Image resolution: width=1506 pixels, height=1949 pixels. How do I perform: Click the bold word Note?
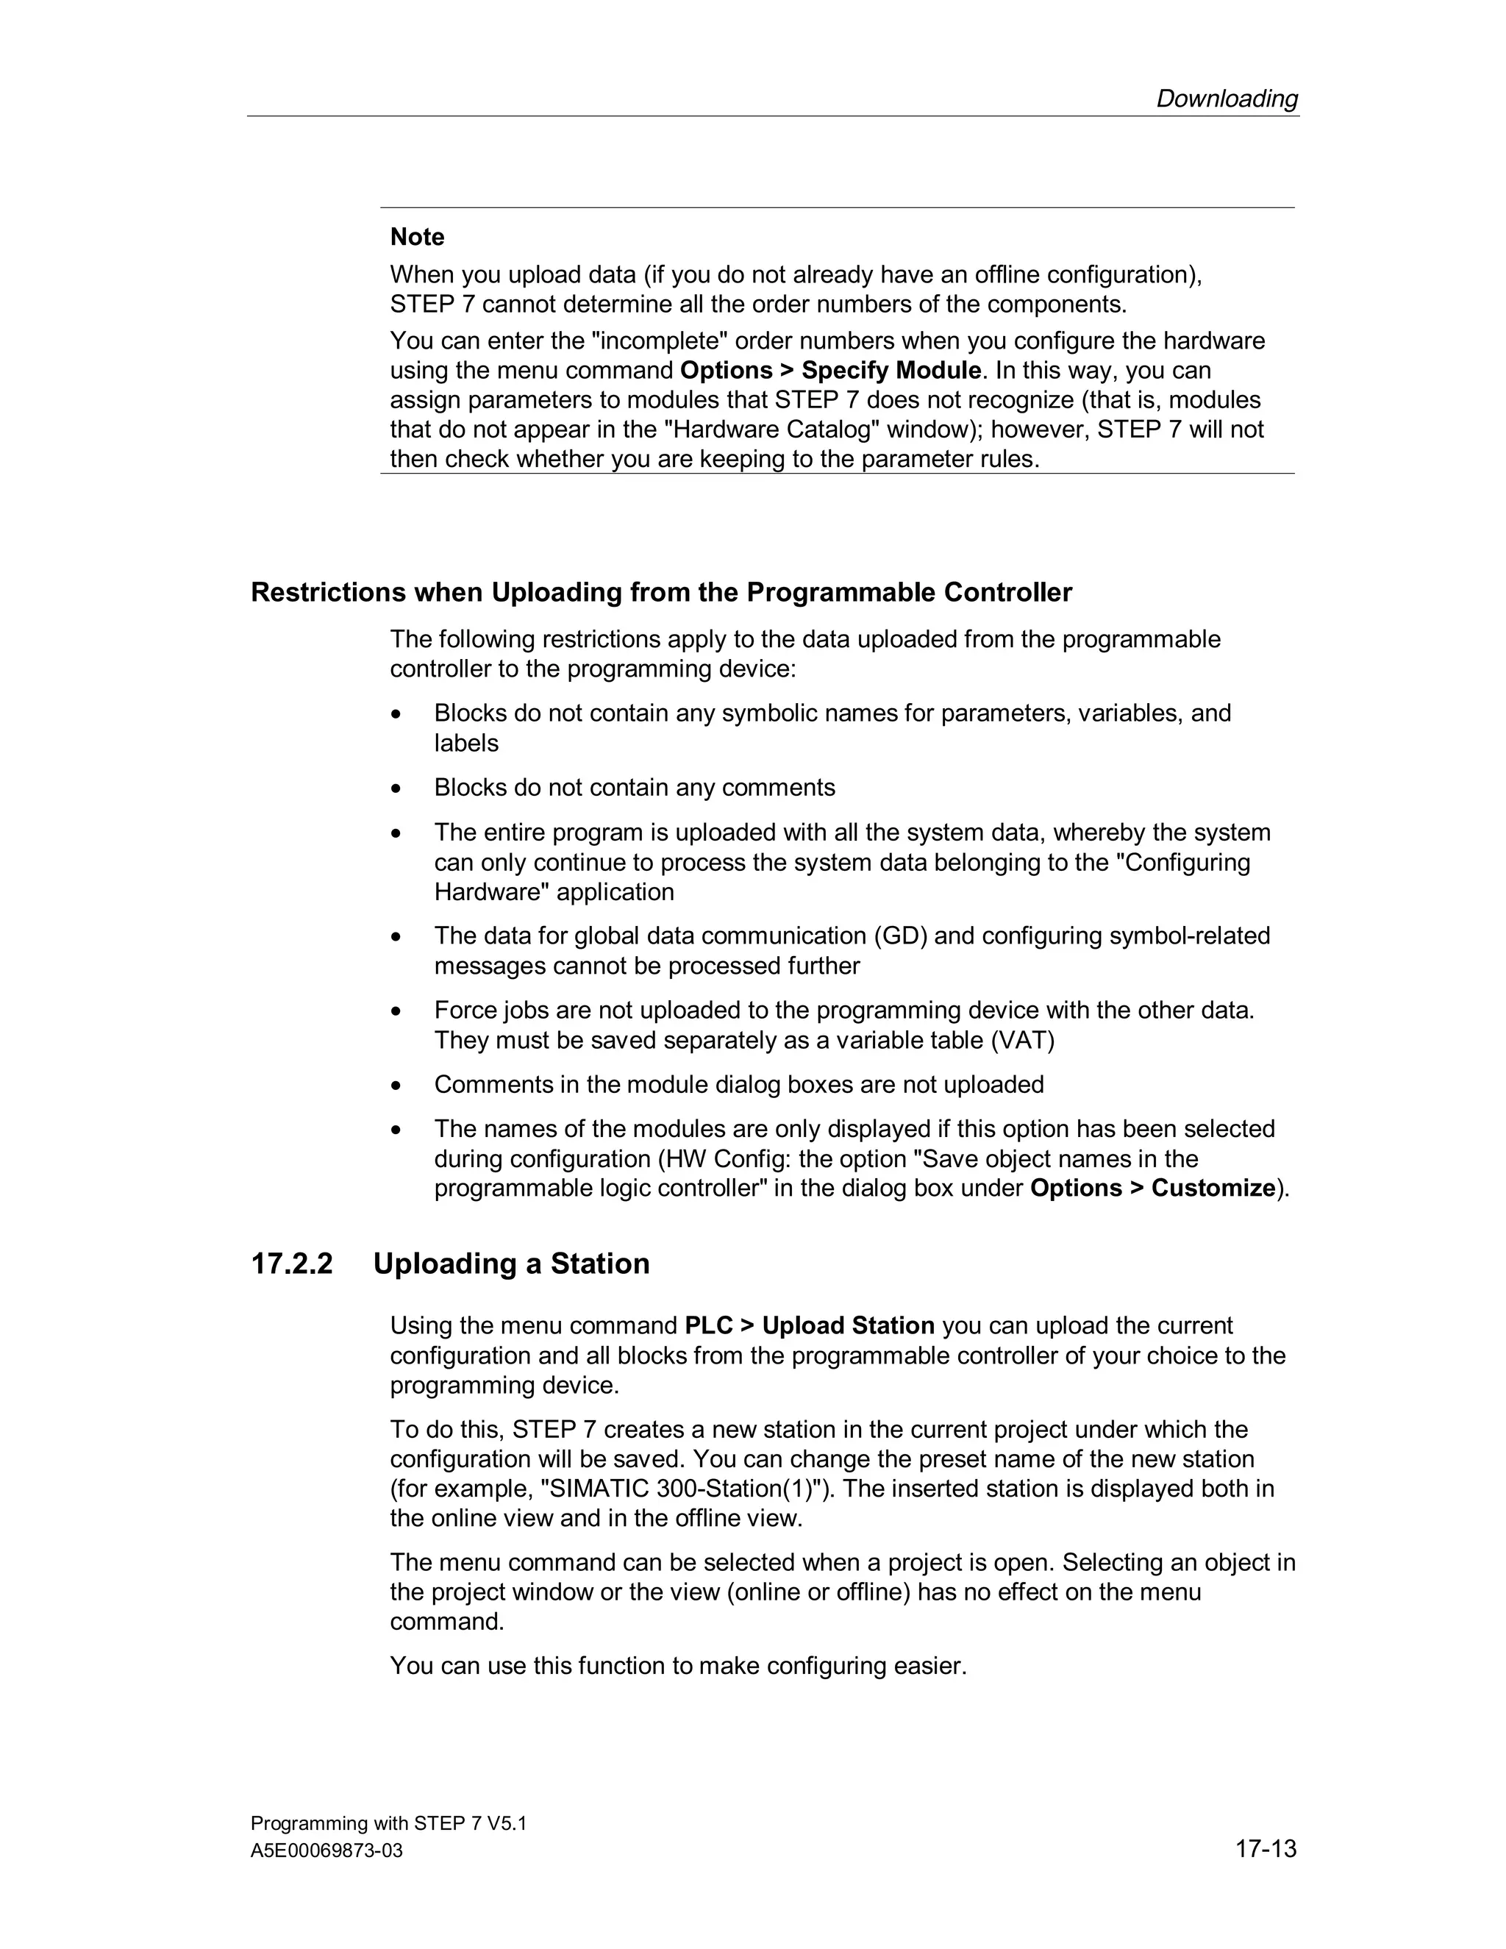click(417, 237)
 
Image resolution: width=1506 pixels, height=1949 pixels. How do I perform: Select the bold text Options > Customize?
click(1152, 1188)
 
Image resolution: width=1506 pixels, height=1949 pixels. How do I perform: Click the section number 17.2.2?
click(292, 1264)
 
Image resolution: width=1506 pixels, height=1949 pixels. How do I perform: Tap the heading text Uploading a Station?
click(511, 1264)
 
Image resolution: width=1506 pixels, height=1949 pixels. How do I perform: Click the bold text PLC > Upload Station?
click(808, 1325)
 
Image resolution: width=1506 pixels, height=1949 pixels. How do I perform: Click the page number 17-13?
click(1265, 1848)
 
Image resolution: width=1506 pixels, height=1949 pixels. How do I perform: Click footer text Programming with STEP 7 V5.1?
click(388, 1823)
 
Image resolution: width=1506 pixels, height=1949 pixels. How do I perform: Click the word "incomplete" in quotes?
click(660, 341)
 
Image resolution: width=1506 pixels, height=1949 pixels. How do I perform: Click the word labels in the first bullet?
click(465, 743)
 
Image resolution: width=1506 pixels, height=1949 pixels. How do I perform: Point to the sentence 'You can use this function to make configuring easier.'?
click(678, 1665)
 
